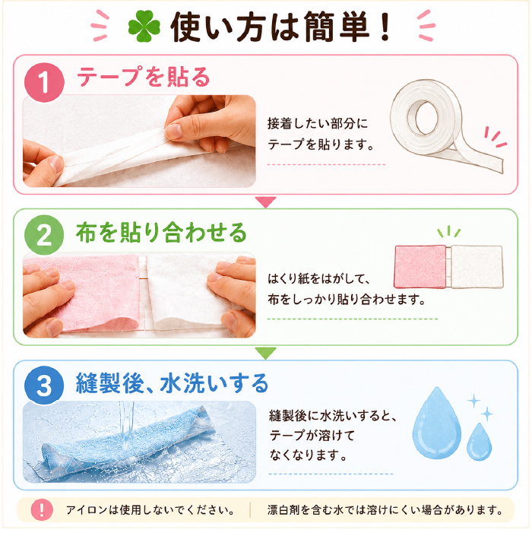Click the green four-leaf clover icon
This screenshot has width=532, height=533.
[x=144, y=26]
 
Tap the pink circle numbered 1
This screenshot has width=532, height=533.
[x=44, y=82]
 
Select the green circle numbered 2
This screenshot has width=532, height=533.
[x=44, y=235]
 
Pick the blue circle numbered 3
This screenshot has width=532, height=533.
[x=44, y=385]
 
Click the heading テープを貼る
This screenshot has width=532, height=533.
[x=144, y=77]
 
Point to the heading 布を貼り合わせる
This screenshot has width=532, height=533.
[x=161, y=233]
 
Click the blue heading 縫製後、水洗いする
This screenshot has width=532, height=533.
[x=172, y=383]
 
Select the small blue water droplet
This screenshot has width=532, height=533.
[x=479, y=443]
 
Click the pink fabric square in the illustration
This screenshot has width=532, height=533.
[x=420, y=267]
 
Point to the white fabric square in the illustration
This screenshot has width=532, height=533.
[x=477, y=267]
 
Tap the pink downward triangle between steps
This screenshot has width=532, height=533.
[x=266, y=202]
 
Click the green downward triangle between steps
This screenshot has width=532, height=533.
[x=266, y=354]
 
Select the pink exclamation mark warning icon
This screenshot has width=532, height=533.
[x=42, y=509]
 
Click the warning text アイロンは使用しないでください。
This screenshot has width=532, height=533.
[x=150, y=510]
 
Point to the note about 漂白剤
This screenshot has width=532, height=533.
[x=385, y=510]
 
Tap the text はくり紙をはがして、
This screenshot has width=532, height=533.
[x=318, y=279]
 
